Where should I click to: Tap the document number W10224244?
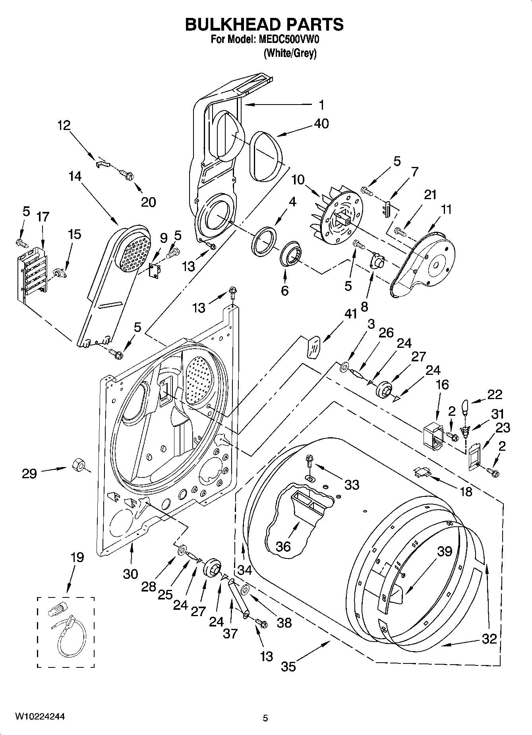40,717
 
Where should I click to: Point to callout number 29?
29,473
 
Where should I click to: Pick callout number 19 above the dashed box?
77,557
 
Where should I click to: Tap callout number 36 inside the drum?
283,546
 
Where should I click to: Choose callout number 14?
75,176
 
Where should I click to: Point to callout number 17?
43,217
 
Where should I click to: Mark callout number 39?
445,551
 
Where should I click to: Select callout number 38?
285,622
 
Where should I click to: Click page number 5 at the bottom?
265,718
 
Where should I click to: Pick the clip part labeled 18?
422,472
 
